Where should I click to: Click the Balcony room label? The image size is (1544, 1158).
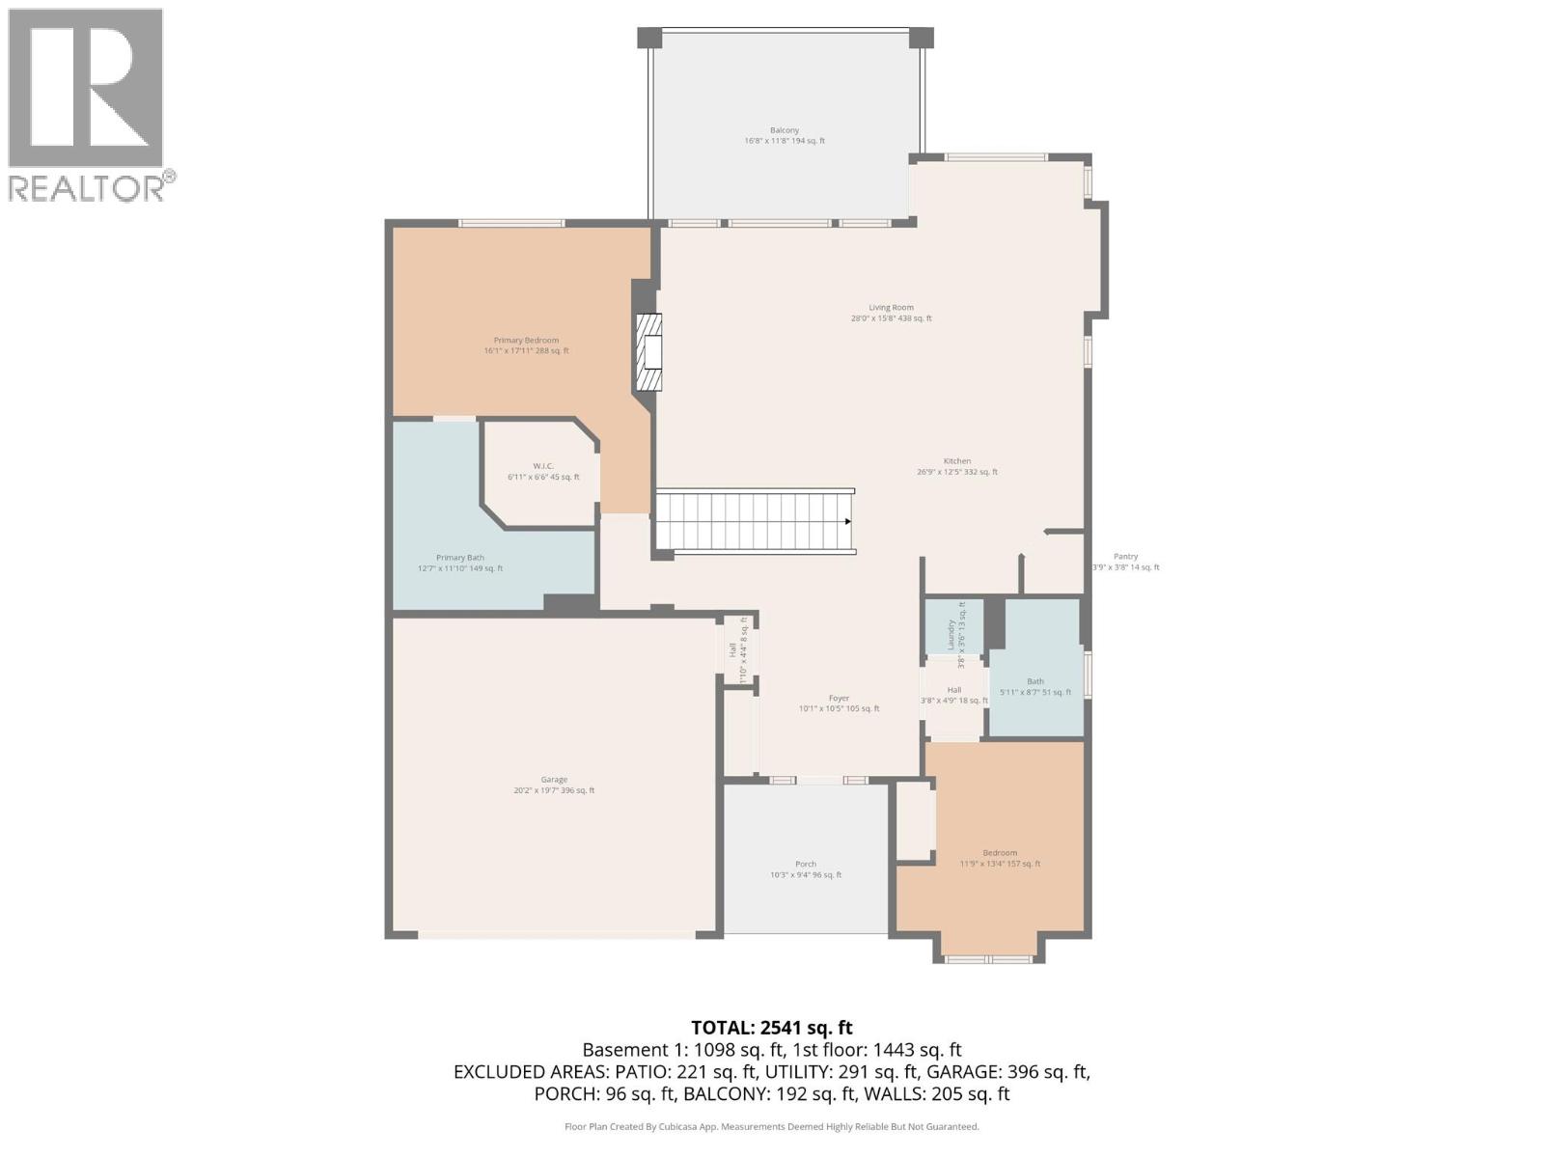pyautogui.click(x=784, y=130)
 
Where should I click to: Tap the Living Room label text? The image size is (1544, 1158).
pyautogui.click(x=890, y=308)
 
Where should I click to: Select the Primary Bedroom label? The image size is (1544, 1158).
pyautogui.click(x=526, y=341)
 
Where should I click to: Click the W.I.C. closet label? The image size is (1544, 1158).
pyautogui.click(x=542, y=466)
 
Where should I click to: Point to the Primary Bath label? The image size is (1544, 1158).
pyautogui.click(x=459, y=558)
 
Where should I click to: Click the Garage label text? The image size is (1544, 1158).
pyautogui.click(x=554, y=780)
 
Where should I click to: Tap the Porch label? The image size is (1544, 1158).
pyautogui.click(x=805, y=865)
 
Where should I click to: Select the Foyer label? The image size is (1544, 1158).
pyautogui.click(x=839, y=699)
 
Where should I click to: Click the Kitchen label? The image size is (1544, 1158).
pyautogui.click(x=956, y=461)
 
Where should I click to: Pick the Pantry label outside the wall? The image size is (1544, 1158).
pyautogui.click(x=1125, y=557)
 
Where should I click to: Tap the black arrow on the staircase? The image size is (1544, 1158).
pyautogui.click(x=848, y=522)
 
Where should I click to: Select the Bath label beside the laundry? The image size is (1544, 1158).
pyautogui.click(x=1034, y=681)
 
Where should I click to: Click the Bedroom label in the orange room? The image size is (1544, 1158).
pyautogui.click(x=999, y=853)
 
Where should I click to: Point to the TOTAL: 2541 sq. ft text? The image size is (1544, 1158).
pyautogui.click(x=771, y=1028)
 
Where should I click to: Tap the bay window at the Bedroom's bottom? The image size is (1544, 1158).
pyautogui.click(x=988, y=958)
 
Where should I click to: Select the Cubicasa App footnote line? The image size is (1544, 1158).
pyautogui.click(x=771, y=1126)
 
